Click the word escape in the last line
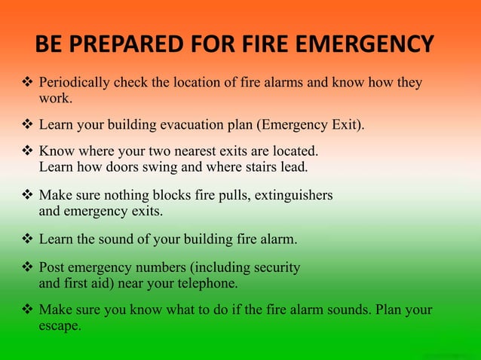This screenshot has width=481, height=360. [x=59, y=327]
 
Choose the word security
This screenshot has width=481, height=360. [x=274, y=267]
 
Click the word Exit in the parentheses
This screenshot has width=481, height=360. [x=347, y=124]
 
